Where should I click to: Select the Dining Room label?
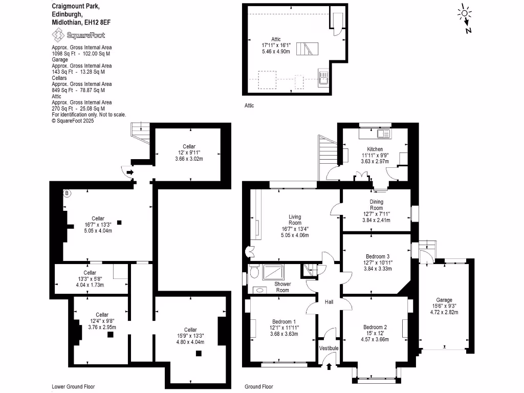[x=376, y=205]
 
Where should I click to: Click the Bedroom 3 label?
[x=377, y=256]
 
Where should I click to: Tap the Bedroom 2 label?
[x=375, y=327]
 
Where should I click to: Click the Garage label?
[x=444, y=300]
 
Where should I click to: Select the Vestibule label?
[x=329, y=348]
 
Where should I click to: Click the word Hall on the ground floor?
[x=329, y=302]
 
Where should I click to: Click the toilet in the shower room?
[x=254, y=272]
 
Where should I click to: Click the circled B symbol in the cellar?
[x=66, y=193]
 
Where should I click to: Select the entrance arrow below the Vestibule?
[x=329, y=365]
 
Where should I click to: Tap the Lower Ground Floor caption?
[x=73, y=387]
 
